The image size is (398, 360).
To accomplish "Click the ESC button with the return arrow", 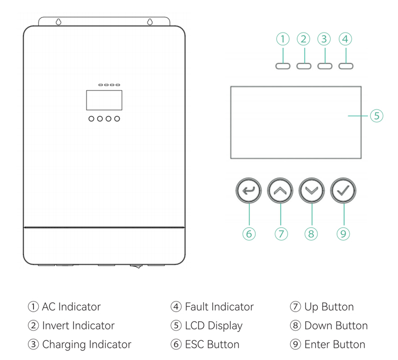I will pos(249,190).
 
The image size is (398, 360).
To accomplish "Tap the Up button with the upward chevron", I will pos(280,190).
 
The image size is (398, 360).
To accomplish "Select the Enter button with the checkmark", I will pos(343,190).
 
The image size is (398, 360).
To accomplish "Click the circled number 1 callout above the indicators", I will pos(283,39).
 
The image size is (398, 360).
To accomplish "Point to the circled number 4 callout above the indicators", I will pos(345,39).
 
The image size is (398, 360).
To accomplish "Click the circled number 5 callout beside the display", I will pos(376,116).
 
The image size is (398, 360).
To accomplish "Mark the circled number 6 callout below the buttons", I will pos(249,233).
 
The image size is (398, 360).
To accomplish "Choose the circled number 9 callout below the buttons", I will pos(343,233).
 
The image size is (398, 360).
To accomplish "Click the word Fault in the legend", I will pos(197,307).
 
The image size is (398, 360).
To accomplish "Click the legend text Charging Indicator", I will pos(86,345).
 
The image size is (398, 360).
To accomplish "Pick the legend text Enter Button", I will pos(334,345).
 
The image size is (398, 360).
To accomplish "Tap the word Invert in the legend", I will pos(55,326).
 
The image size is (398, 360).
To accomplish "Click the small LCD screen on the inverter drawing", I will pos(104,100).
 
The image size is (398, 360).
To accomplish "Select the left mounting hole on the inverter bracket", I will pos(57,22).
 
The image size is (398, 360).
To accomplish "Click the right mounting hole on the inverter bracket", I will pos(150,22).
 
